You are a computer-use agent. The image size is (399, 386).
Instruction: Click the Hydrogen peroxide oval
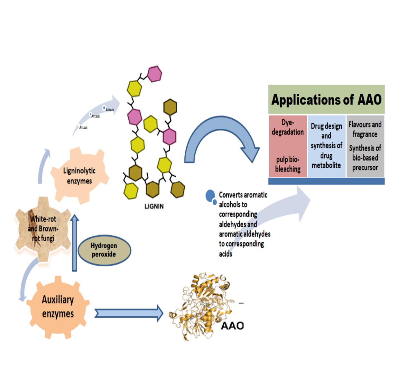(x=104, y=250)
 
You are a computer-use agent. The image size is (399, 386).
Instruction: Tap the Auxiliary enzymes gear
(x=58, y=307)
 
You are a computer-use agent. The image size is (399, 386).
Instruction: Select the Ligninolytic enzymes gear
(x=79, y=176)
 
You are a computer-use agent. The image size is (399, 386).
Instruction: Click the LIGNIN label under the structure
(x=154, y=207)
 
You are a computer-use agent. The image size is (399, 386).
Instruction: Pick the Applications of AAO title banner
(x=326, y=99)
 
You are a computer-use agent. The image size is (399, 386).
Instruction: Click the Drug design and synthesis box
(x=326, y=146)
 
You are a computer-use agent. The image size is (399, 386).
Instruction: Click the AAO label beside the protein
(x=232, y=326)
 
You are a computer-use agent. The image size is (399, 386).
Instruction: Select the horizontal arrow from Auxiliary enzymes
(x=129, y=313)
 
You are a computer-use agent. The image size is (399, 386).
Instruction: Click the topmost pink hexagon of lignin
(x=154, y=74)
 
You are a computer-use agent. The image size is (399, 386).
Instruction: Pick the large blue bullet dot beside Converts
(x=210, y=195)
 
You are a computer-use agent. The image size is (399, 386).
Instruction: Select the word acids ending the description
(x=226, y=254)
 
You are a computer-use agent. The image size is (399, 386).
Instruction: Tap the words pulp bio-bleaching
(x=288, y=164)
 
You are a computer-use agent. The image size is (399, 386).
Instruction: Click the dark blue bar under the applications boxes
(x=326, y=181)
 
